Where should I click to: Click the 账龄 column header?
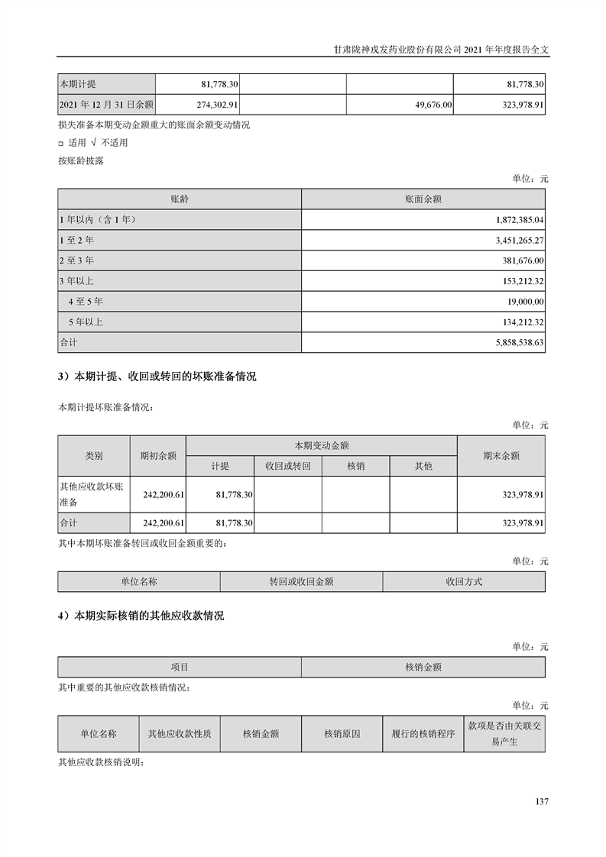pyautogui.click(x=180, y=199)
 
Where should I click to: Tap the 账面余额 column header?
pyautogui.click(x=423, y=199)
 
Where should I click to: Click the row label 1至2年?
pyautogui.click(x=76, y=240)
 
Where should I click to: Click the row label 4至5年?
pyautogui.click(x=86, y=302)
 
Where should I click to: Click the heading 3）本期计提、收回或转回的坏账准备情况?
pyautogui.click(x=157, y=377)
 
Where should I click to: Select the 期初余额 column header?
pyautogui.click(x=157, y=455)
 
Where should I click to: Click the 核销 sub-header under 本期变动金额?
pyautogui.click(x=355, y=466)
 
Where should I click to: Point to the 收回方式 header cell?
pyautogui.click(x=464, y=581)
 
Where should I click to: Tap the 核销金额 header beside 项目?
pyautogui.click(x=423, y=667)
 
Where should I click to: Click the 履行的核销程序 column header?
pyautogui.click(x=423, y=734)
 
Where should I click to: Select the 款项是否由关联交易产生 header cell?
pyautogui.click(x=504, y=734)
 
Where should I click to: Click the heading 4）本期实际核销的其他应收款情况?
pyautogui.click(x=141, y=616)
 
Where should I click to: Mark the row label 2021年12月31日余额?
pyautogui.click(x=106, y=104)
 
